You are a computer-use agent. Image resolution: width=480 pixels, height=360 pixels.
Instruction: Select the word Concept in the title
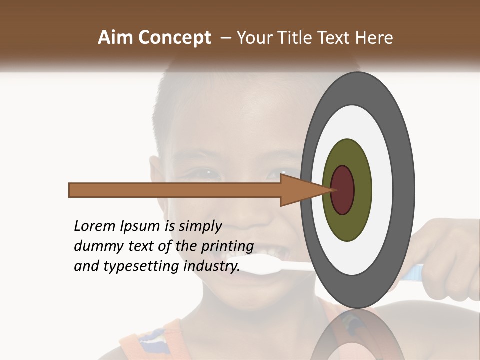(x=174, y=38)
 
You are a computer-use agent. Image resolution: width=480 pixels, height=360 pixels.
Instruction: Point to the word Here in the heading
(x=374, y=38)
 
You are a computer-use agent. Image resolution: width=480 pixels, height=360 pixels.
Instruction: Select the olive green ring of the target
(x=347, y=225)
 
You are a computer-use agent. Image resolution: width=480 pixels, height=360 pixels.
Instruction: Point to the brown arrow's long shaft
(x=175, y=190)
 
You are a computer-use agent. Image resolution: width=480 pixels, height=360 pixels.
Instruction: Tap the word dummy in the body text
(x=96, y=246)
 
